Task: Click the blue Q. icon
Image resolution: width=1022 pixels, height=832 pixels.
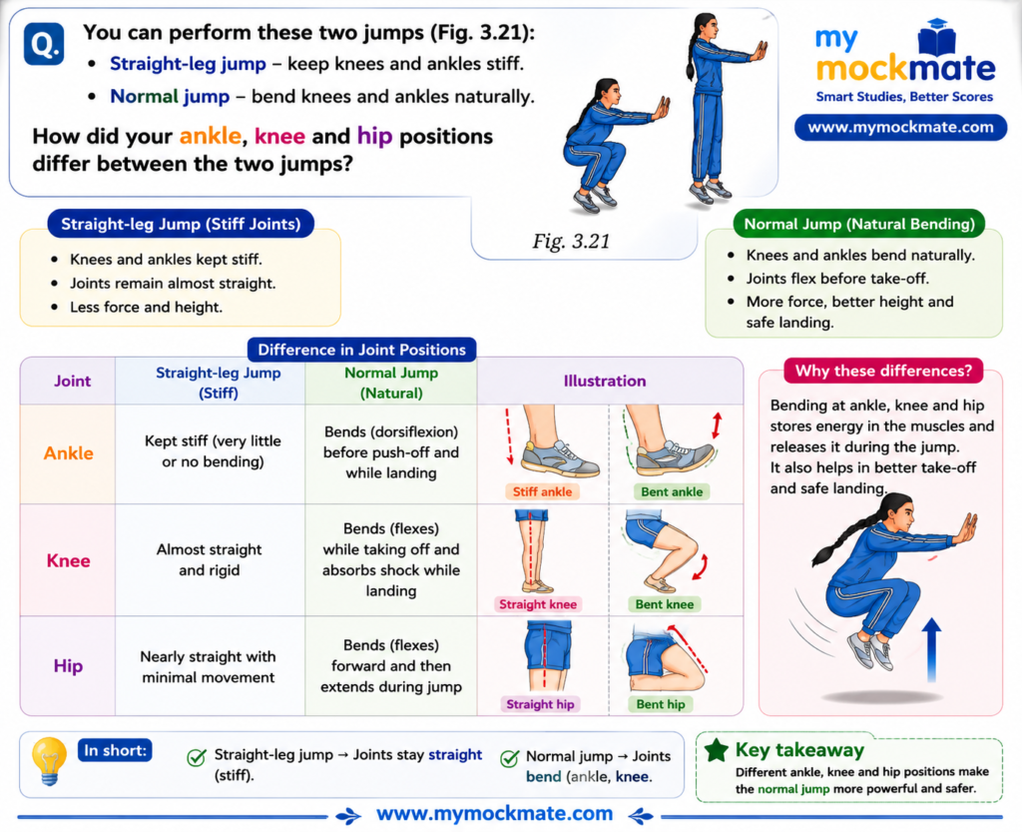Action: [x=44, y=44]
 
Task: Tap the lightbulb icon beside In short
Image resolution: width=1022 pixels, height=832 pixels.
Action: [x=49, y=761]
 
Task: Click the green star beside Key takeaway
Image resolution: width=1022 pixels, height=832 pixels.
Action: [x=717, y=750]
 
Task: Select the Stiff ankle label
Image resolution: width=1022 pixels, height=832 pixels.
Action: [x=542, y=491]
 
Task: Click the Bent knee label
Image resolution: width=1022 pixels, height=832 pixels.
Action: [x=664, y=604]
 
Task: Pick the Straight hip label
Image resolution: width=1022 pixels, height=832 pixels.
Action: [x=540, y=704]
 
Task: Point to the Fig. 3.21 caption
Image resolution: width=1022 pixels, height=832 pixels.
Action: [x=571, y=242]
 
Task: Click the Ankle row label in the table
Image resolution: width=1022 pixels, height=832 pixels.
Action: [x=69, y=453]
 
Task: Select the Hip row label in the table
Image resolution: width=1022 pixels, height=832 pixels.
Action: [x=68, y=666]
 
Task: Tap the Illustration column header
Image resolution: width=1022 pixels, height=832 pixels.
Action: [x=605, y=381]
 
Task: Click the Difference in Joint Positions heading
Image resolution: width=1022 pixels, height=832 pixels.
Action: [x=361, y=350]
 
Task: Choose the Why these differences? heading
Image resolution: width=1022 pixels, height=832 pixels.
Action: [x=884, y=371]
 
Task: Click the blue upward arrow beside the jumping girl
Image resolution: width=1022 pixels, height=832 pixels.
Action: [x=932, y=650]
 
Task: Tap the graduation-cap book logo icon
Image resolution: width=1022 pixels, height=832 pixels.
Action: [x=936, y=37]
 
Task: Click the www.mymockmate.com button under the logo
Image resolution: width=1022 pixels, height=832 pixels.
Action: [x=900, y=127]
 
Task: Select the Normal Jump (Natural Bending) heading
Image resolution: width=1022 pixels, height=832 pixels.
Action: [x=859, y=225]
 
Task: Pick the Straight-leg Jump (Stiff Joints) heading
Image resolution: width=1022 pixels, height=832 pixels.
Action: [x=181, y=225]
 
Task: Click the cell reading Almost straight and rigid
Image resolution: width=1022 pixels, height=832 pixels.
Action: [x=210, y=560]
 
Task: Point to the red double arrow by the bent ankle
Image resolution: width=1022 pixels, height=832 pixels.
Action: [x=717, y=425]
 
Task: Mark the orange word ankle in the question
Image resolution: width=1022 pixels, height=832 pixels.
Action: [x=210, y=136]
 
